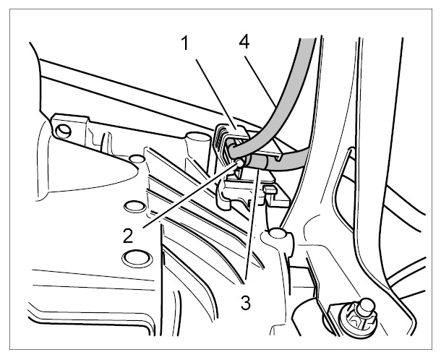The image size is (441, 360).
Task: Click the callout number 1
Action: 185,43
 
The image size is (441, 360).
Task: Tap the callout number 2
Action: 128,236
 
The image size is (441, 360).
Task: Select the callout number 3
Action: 246,303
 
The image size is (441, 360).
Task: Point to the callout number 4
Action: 244,42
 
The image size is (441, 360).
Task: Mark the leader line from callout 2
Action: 189,196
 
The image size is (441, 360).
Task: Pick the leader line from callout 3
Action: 252,224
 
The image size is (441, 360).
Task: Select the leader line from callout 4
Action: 260,82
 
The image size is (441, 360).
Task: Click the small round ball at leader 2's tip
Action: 239,163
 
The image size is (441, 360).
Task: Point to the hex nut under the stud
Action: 355,320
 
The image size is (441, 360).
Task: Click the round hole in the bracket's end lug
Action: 64,130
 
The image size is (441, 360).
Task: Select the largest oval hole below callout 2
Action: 137,258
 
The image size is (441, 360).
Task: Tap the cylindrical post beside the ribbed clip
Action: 199,145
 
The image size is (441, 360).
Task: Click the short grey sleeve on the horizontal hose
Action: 257,163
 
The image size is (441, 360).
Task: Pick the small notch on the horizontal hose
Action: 278,158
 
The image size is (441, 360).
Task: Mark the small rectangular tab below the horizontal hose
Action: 270,190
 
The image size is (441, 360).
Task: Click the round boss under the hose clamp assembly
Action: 278,233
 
